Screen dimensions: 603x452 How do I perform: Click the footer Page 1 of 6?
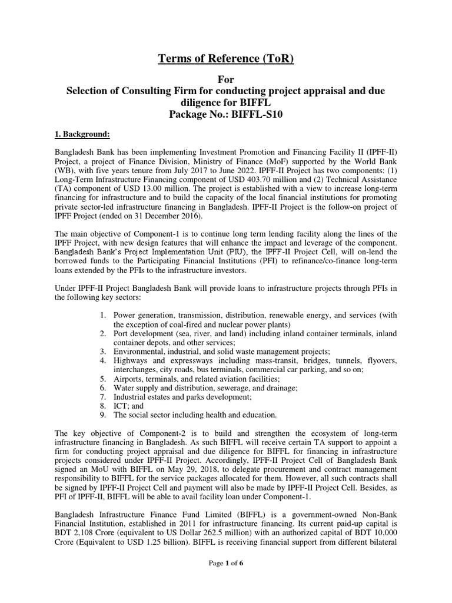226,580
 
